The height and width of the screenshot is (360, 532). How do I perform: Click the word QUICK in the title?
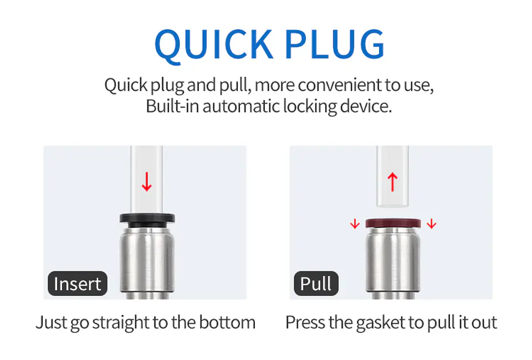[x=213, y=45]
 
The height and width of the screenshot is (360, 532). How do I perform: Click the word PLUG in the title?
[x=335, y=44]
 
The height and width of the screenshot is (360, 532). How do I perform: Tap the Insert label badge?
[x=78, y=284]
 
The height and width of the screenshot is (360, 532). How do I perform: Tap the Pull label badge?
[x=316, y=284]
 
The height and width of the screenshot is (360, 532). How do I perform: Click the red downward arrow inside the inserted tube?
[x=146, y=182]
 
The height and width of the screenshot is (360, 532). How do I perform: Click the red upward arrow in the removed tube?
[x=392, y=182]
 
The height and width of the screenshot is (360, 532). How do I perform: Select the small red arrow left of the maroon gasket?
[x=355, y=224]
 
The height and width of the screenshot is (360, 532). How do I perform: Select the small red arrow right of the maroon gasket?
[x=432, y=224]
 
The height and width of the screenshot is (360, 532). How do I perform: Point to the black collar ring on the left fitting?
[x=147, y=220]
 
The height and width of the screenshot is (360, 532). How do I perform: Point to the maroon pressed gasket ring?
[x=393, y=223]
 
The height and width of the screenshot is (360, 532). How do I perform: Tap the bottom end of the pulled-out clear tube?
[x=392, y=205]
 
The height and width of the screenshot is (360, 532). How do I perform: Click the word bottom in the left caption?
[x=227, y=322]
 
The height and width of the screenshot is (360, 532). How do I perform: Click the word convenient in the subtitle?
[x=340, y=85]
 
